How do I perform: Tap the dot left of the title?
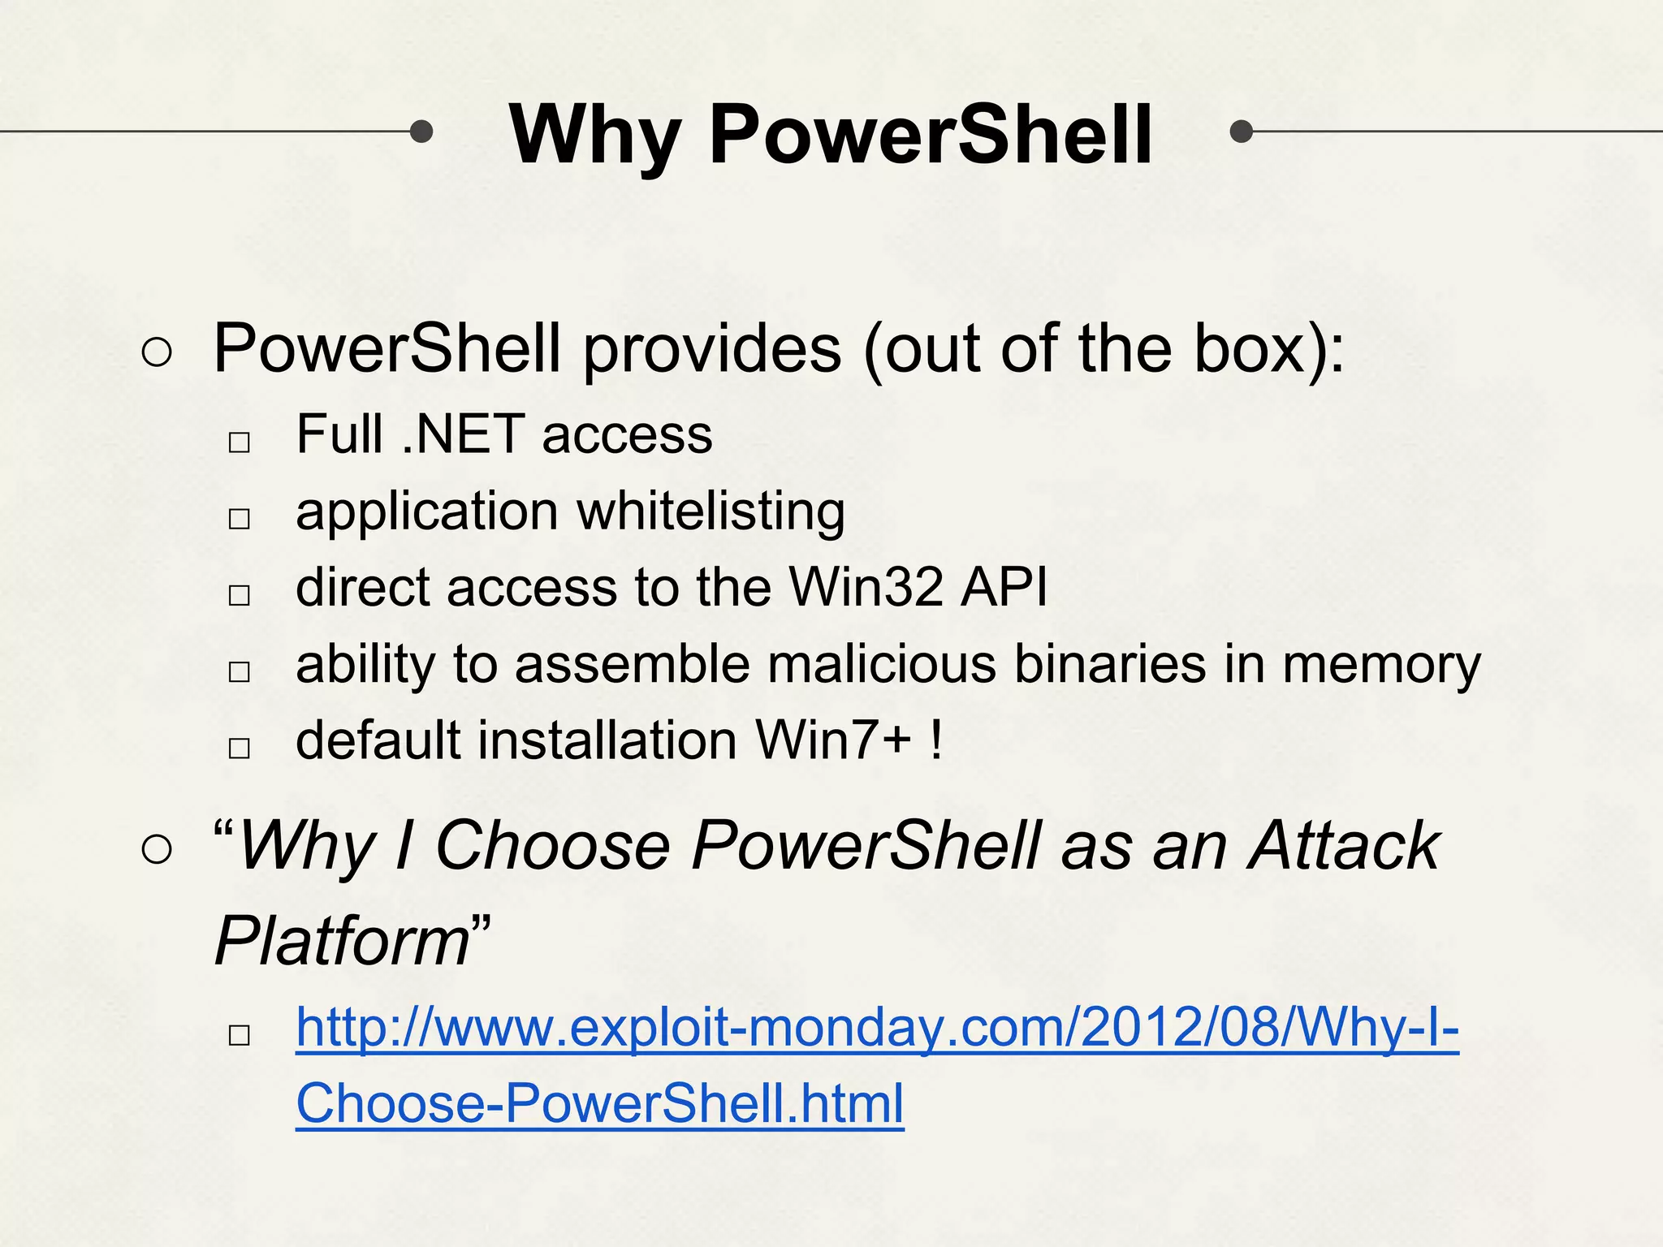[421, 131]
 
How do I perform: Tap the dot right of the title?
[1241, 131]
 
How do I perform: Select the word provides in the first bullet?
[712, 349]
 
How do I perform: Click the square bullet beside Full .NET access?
[240, 442]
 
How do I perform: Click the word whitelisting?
[711, 512]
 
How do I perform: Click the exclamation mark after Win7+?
[937, 740]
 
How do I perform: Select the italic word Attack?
[1344, 846]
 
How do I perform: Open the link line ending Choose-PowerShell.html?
[599, 1104]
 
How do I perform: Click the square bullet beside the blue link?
[240, 1035]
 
